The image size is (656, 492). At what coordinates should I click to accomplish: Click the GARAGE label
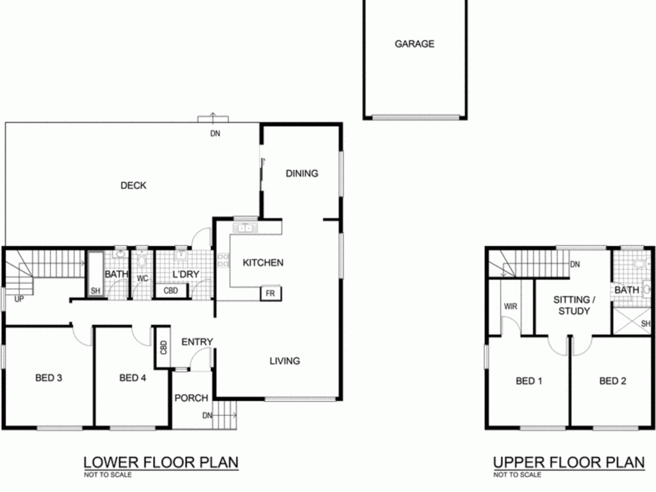pos(414,44)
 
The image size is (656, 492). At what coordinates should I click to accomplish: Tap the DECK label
pos(133,185)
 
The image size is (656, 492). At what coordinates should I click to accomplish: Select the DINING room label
pos(302,173)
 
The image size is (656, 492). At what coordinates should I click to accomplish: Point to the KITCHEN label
pos(263,263)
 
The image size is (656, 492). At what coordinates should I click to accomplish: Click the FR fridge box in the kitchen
pos(271,293)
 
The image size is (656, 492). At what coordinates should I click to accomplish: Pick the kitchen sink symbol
pos(245,228)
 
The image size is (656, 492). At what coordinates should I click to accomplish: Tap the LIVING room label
pos(284,361)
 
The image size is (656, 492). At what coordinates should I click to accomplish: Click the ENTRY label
pos(197,342)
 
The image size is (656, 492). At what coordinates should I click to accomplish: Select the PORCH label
pos(191,398)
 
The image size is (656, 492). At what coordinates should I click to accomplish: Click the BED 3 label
pos(49,378)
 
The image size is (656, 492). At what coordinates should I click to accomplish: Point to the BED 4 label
pos(133,378)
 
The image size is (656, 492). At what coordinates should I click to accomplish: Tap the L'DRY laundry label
pos(186,274)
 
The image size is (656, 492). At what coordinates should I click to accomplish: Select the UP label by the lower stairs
pos(19,299)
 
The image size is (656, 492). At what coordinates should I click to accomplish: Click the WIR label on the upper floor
pos(511,306)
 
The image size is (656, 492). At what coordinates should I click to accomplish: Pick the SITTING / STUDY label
pos(574,306)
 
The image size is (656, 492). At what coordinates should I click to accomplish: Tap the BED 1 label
pos(529,381)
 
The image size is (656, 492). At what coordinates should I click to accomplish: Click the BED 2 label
pos(612,381)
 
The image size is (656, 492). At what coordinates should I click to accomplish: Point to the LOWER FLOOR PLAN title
pos(161,463)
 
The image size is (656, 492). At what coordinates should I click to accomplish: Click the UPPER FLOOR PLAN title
pos(569,463)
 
